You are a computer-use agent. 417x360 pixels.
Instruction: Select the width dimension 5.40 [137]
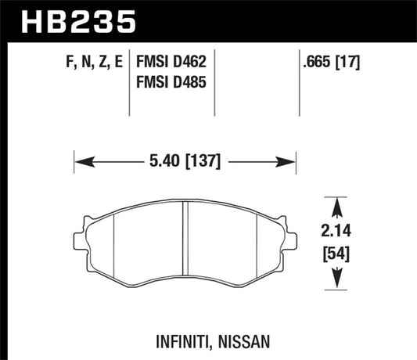(186, 162)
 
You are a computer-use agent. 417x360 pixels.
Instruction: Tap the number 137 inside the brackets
(205, 162)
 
